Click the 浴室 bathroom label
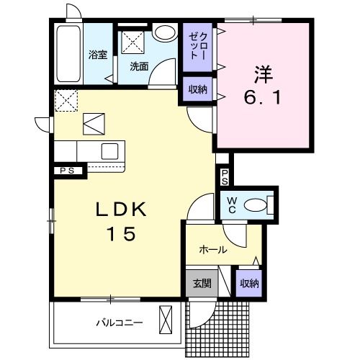[98, 55]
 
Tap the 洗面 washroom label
[139, 66]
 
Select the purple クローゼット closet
[197, 48]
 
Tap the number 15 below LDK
[121, 235]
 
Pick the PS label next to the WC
[225, 176]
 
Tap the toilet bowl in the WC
[256, 205]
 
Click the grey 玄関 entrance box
[202, 283]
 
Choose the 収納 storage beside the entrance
[249, 283]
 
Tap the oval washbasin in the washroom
[164, 33]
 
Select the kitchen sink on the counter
[110, 151]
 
